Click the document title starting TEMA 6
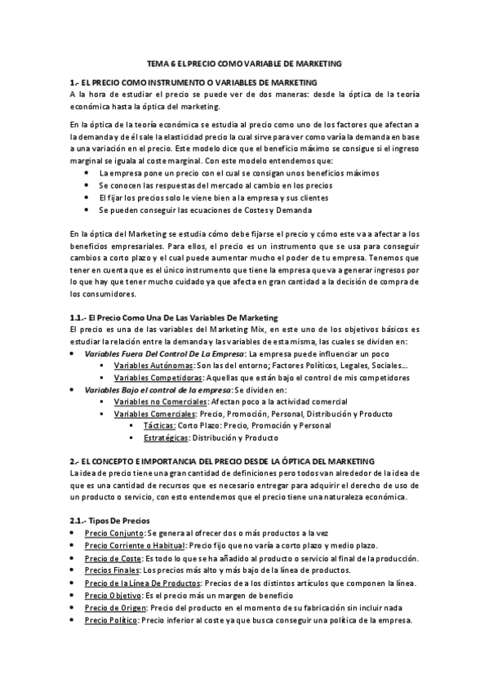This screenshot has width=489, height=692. point(244,63)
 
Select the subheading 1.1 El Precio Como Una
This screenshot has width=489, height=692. point(174,317)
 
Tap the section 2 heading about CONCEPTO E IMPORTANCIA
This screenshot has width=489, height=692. point(222,461)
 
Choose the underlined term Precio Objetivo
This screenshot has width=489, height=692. point(109,596)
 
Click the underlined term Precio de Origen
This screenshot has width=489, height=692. point(115,608)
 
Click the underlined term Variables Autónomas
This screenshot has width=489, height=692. point(148,366)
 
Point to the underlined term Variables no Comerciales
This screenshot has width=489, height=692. point(161,402)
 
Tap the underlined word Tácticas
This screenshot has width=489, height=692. point(158,426)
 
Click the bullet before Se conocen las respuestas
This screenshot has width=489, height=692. point(87,185)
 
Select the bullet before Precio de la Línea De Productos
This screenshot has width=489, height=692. point(74,583)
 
